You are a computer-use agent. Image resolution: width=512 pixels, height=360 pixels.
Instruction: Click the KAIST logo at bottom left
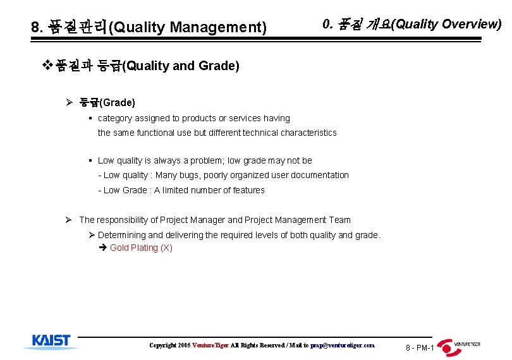[51, 342]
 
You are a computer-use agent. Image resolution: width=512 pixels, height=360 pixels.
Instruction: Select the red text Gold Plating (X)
[141, 248]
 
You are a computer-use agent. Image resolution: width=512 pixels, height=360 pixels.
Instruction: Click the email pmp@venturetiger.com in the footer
[342, 345]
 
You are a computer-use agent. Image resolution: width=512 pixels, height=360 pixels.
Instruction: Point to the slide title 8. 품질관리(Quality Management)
[149, 27]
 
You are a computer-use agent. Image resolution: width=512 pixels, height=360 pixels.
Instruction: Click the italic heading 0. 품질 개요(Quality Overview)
[411, 25]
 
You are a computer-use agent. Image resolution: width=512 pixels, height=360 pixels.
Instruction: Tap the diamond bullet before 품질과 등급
[46, 65]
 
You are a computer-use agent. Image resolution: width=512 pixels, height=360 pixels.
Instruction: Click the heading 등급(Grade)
[107, 102]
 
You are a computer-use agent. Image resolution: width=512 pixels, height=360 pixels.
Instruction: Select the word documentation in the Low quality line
[318, 175]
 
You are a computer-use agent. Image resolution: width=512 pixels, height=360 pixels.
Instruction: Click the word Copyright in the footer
[162, 345]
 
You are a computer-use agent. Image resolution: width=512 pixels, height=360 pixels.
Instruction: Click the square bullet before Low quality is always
[91, 160]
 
